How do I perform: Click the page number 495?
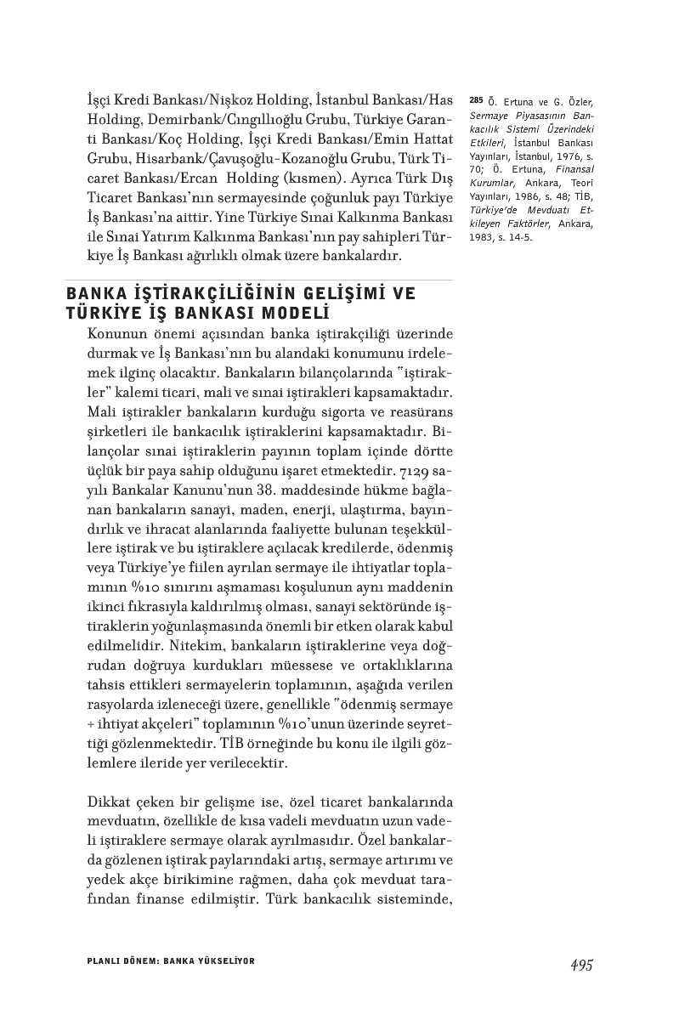pos(581,965)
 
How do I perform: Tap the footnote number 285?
pos(475,101)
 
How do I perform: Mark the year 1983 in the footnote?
pos(483,237)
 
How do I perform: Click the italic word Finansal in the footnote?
pos(574,171)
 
